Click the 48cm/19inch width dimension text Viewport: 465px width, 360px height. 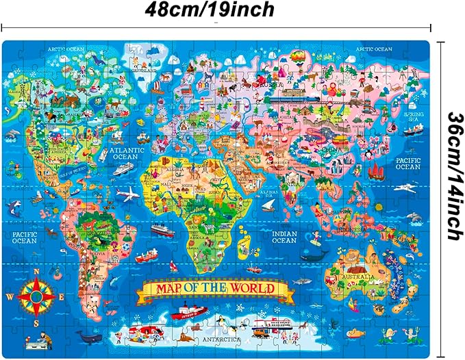tap(210, 10)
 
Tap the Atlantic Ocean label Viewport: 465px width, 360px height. tap(124, 153)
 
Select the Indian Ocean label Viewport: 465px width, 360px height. tap(284, 236)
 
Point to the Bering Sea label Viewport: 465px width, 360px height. tap(413, 117)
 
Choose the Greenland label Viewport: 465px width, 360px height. tap(141, 69)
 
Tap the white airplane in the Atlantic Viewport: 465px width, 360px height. tap(127, 194)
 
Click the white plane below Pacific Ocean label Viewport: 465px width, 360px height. tap(407, 186)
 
